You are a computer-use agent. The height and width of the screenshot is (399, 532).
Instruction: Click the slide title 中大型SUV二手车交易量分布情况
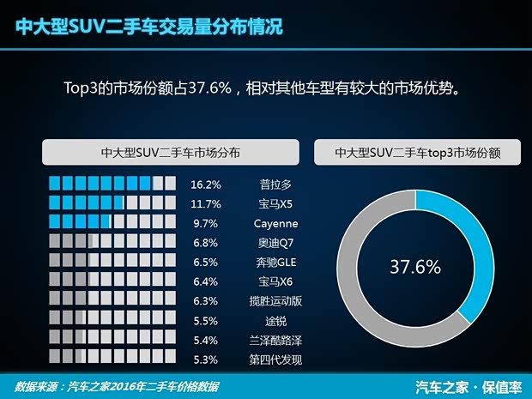pyautogui.click(x=149, y=27)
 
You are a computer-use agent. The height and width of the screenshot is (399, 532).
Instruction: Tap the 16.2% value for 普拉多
pyautogui.click(x=206, y=184)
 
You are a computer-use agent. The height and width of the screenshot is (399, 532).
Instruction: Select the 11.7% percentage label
pyautogui.click(x=206, y=204)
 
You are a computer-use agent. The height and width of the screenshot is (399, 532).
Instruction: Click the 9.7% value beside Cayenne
pyautogui.click(x=206, y=223)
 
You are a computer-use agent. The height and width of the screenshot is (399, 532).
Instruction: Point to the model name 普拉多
pyautogui.click(x=276, y=184)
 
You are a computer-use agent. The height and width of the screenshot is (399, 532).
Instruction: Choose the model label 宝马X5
pyautogui.click(x=276, y=204)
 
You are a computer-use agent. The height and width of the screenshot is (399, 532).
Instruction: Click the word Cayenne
pyautogui.click(x=276, y=223)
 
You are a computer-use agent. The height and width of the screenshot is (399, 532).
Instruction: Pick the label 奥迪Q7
pyautogui.click(x=276, y=243)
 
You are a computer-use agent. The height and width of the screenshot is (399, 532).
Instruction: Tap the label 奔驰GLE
pyautogui.click(x=276, y=263)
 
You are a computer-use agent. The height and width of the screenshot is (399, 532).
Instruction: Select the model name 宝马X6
pyautogui.click(x=276, y=281)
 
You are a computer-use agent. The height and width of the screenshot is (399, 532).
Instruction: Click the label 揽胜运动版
pyautogui.click(x=276, y=301)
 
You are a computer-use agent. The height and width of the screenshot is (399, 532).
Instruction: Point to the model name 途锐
pyautogui.click(x=276, y=321)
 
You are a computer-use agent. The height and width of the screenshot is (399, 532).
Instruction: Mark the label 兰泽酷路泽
pyautogui.click(x=276, y=341)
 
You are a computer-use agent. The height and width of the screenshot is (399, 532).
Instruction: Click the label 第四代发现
pyautogui.click(x=276, y=360)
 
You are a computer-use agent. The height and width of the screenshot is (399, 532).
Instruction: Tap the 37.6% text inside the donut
pyautogui.click(x=414, y=267)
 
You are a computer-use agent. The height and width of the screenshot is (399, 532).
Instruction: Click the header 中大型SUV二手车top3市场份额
pyautogui.click(x=418, y=153)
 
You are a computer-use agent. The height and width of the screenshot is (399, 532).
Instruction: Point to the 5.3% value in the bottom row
pyautogui.click(x=206, y=360)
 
